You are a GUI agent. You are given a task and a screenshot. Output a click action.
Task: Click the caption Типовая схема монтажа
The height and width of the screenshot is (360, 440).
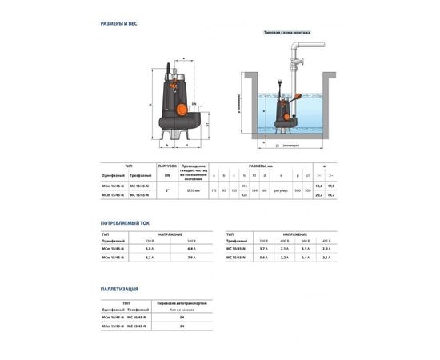[286, 34]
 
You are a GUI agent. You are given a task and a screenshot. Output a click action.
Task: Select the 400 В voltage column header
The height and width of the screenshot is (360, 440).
[286, 241]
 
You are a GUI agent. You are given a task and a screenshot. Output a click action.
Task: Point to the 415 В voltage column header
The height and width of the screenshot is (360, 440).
[326, 241]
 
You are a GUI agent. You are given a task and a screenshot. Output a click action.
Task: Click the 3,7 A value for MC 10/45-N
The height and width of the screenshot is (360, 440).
[265, 250]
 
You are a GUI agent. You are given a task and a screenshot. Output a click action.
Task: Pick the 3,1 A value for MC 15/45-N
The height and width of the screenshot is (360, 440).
[326, 258]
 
